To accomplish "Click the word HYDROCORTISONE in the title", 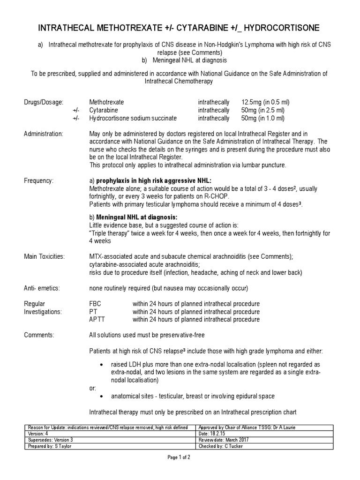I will pyautogui.click(x=279, y=29).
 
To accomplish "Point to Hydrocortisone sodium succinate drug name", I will pyautogui.click(x=133, y=119).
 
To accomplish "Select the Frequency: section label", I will pyautogui.click(x=38, y=180).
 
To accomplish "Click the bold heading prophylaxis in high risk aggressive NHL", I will pyautogui.click(x=154, y=180).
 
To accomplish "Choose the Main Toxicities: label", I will pyautogui.click(x=45, y=256).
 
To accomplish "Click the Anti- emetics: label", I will pyautogui.click(x=42, y=287).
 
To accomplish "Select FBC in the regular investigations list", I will pyautogui.click(x=95, y=304).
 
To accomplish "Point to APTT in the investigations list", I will pyautogui.click(x=97, y=320).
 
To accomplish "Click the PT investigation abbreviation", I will pyautogui.click(x=93, y=312).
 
